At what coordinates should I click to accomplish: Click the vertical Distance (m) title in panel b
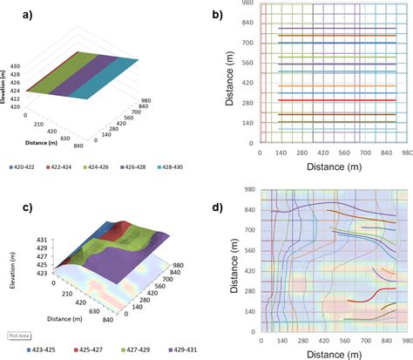click(229, 80)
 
